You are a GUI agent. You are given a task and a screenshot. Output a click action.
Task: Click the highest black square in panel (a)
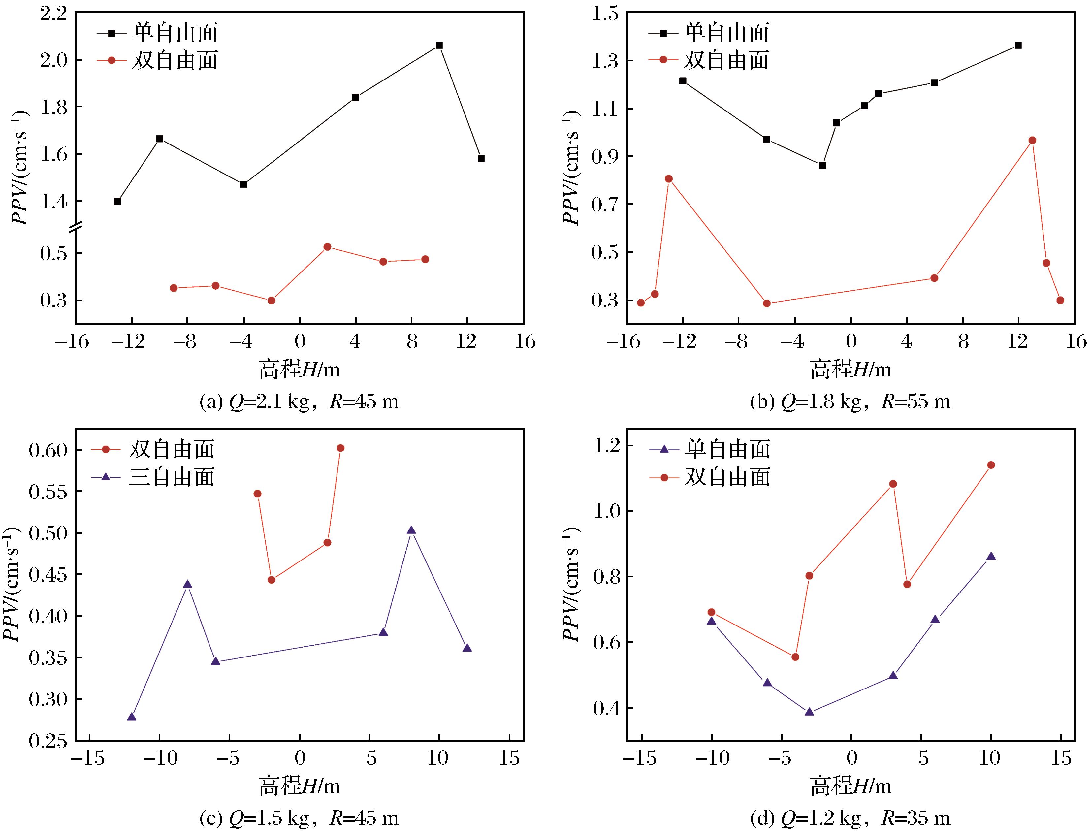point(439,45)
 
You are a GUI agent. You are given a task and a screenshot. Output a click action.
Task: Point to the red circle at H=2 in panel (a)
point(327,247)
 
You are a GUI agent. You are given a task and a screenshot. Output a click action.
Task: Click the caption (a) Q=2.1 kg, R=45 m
point(299,401)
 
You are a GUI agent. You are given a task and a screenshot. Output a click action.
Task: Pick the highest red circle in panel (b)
point(1033,140)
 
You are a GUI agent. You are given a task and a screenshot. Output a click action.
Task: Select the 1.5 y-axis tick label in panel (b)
point(605,14)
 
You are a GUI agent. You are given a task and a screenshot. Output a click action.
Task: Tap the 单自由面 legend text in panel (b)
point(726,33)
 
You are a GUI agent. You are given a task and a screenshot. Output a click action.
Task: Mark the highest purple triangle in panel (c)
point(411,530)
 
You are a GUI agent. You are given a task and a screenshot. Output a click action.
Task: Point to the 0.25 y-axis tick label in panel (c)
point(48,741)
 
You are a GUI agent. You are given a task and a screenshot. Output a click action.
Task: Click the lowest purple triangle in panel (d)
point(809,712)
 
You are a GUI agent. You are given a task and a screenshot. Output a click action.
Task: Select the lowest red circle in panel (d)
point(795,657)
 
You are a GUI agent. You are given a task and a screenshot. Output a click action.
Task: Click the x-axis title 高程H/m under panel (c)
point(299,787)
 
